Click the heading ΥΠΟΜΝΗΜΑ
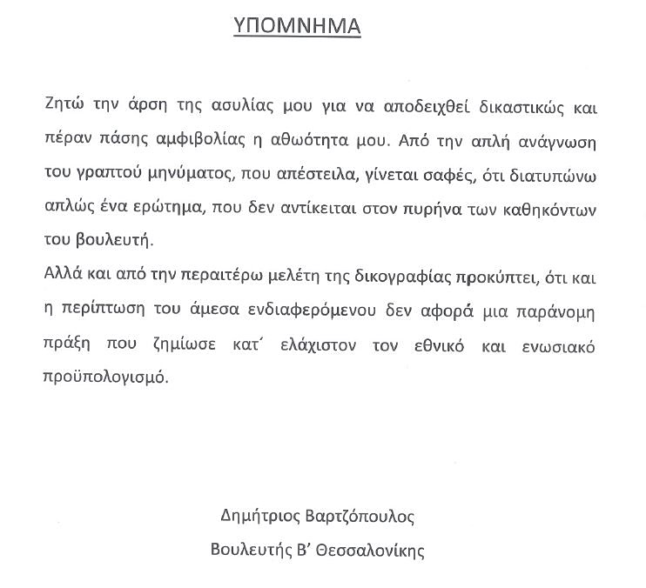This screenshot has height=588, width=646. click(298, 26)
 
